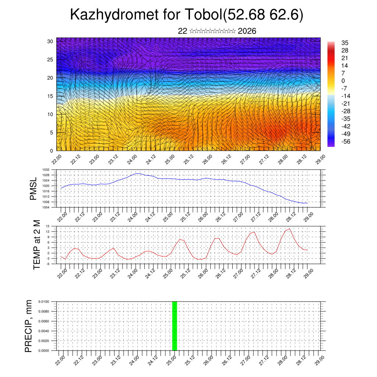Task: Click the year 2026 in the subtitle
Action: point(247,31)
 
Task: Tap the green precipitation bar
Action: point(175,326)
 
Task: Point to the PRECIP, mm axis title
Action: point(28,326)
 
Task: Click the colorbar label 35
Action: point(345,43)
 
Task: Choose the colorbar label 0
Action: point(343,81)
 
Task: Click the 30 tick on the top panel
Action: point(50,41)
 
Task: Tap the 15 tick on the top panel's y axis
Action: point(50,96)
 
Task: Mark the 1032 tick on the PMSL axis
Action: point(46,170)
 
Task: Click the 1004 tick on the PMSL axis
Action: point(46,208)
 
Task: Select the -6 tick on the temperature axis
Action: point(47,264)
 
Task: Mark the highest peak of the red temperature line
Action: point(290,229)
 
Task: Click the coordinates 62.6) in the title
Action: point(286,15)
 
